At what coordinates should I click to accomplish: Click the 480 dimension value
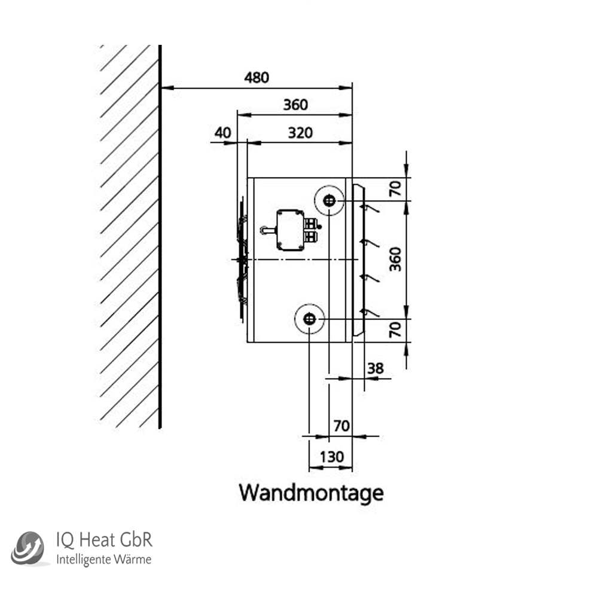click(257, 77)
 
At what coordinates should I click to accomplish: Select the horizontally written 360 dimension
click(295, 105)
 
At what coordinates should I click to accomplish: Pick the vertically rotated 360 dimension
click(395, 259)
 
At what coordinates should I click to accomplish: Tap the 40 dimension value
click(222, 133)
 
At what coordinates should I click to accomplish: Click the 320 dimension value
click(300, 133)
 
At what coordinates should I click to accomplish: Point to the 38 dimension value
click(375, 368)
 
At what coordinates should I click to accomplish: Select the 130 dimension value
click(332, 457)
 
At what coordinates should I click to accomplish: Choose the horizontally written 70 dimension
click(341, 426)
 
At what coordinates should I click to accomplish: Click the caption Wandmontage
click(311, 493)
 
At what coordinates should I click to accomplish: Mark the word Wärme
click(135, 560)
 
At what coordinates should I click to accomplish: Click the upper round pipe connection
click(328, 201)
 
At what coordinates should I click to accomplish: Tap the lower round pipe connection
click(309, 320)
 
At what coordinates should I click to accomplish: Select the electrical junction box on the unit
click(290, 230)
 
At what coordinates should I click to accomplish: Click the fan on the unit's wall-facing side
click(241, 260)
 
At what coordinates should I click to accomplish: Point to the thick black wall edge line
click(160, 239)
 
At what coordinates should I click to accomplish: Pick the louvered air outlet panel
click(359, 260)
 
